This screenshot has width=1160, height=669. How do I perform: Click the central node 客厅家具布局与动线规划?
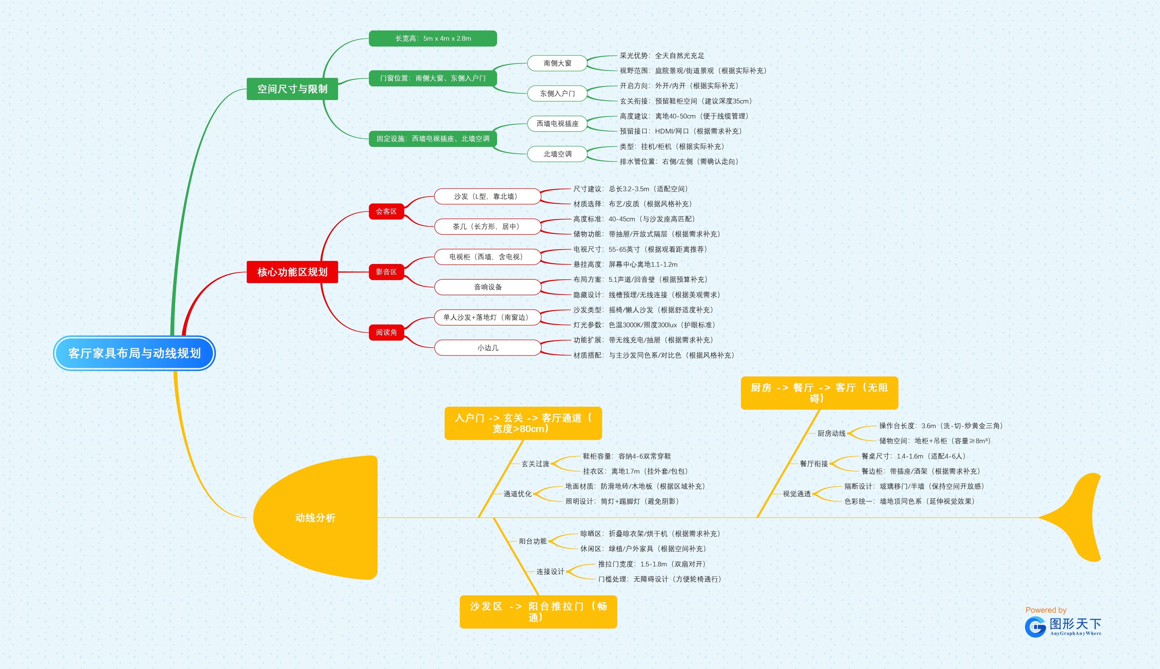[x=134, y=353]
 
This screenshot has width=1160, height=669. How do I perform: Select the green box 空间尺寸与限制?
[x=292, y=89]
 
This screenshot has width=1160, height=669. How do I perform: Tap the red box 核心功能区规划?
[x=292, y=272]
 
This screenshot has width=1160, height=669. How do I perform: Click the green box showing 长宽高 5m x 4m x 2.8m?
[x=433, y=38]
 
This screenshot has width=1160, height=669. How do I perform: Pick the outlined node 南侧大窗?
[x=557, y=63]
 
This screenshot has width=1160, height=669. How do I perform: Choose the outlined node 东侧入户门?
[x=557, y=93]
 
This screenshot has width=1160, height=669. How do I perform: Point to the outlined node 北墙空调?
[x=557, y=154]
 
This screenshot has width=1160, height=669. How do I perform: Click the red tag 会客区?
[x=386, y=211]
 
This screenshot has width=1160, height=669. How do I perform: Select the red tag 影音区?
[x=386, y=272]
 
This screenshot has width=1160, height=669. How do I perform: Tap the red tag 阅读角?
[x=386, y=332]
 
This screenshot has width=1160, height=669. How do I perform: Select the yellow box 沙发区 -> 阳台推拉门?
[x=538, y=612]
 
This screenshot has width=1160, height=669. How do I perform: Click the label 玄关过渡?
[x=535, y=464]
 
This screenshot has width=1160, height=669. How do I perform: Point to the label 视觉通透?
[x=796, y=494]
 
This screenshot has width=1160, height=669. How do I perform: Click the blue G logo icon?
[x=1035, y=627]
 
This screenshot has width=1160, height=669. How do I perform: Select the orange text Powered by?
[x=1046, y=610]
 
